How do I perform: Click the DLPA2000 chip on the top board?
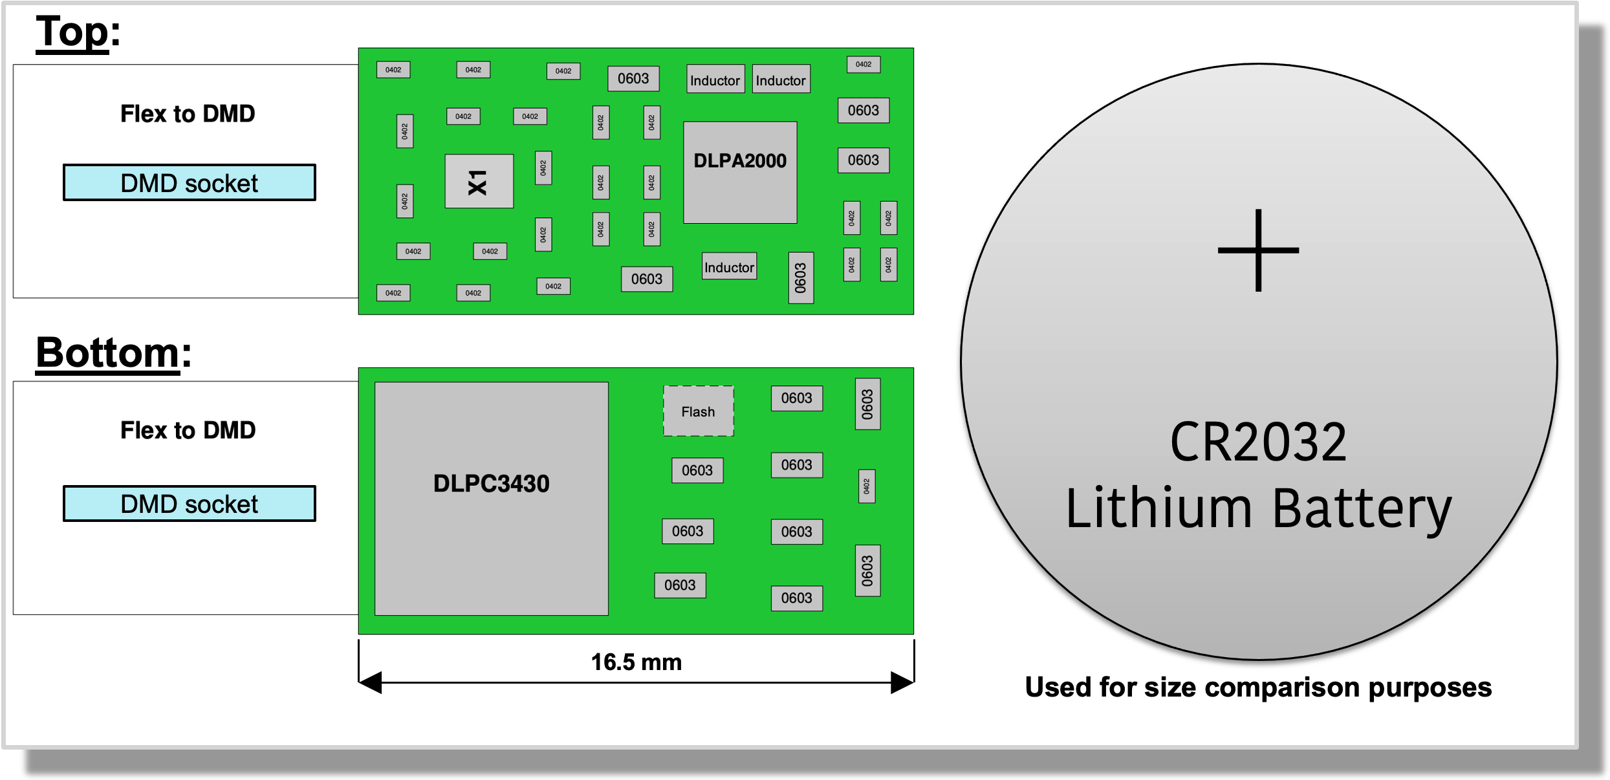(740, 172)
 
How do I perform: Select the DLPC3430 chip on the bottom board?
(492, 499)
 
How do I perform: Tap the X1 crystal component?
(479, 181)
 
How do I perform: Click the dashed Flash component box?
(699, 411)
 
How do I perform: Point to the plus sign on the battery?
(1258, 250)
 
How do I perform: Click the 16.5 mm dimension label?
(636, 662)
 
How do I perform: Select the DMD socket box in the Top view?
(190, 182)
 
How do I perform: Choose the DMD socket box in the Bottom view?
(190, 503)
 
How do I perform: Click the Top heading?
(78, 32)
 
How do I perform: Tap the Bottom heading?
(113, 353)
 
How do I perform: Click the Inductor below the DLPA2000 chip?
(729, 266)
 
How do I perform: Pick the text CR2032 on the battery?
(1258, 442)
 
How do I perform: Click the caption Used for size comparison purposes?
(1258, 687)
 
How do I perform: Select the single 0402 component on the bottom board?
(867, 486)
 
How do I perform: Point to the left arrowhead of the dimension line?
(370, 682)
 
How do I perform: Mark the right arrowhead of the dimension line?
(902, 682)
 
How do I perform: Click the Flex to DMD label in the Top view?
(188, 114)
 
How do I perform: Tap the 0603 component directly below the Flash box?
(697, 470)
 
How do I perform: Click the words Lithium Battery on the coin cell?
(1258, 509)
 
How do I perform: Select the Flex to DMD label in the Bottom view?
(188, 430)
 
